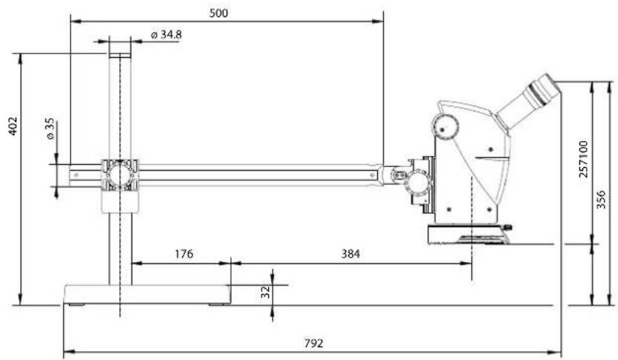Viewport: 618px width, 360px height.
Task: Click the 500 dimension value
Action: (218, 13)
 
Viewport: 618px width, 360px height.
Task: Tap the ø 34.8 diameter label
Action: (166, 35)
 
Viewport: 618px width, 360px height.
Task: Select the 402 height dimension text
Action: (13, 126)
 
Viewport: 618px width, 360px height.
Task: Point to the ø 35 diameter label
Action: (50, 129)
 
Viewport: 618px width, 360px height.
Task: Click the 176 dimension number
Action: (184, 254)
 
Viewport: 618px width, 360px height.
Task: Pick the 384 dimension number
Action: (351, 254)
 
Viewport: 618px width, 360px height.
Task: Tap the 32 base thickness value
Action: (266, 292)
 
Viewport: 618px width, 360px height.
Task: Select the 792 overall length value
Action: (313, 344)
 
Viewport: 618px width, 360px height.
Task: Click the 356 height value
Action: (601, 200)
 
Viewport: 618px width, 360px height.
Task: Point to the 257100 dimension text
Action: (584, 159)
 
